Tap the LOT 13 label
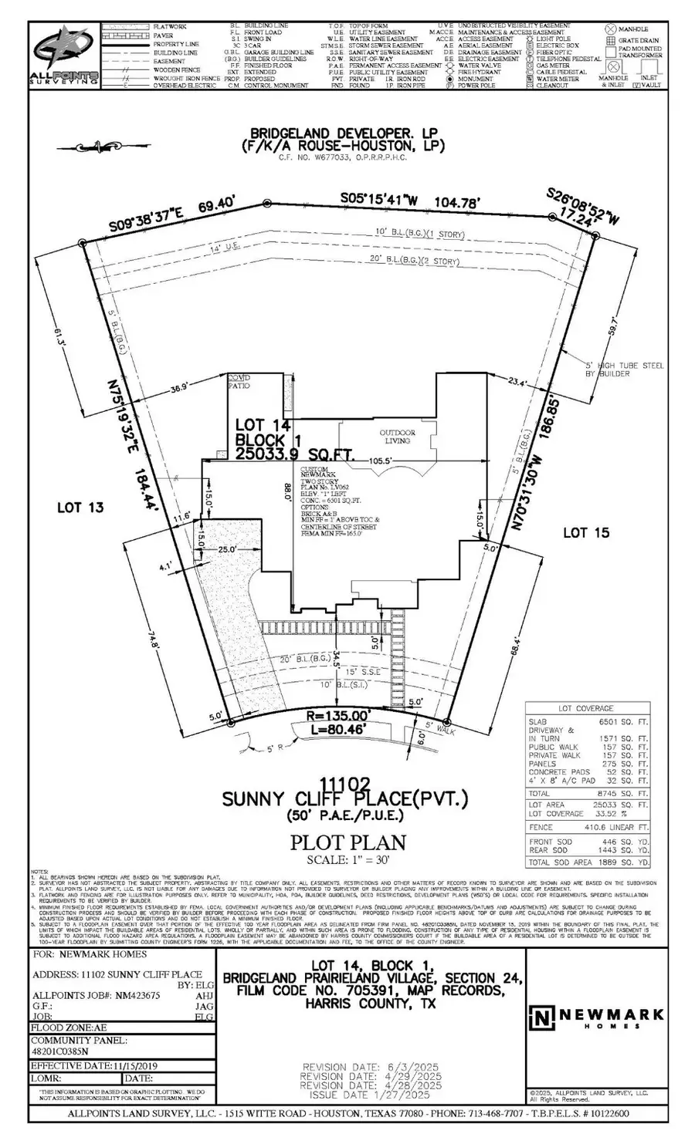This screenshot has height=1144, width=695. (81, 508)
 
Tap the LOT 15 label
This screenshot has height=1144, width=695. (586, 532)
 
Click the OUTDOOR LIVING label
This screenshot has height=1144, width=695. (396, 437)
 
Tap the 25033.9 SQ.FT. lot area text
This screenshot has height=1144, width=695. (294, 456)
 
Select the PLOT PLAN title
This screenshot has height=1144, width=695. (347, 842)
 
